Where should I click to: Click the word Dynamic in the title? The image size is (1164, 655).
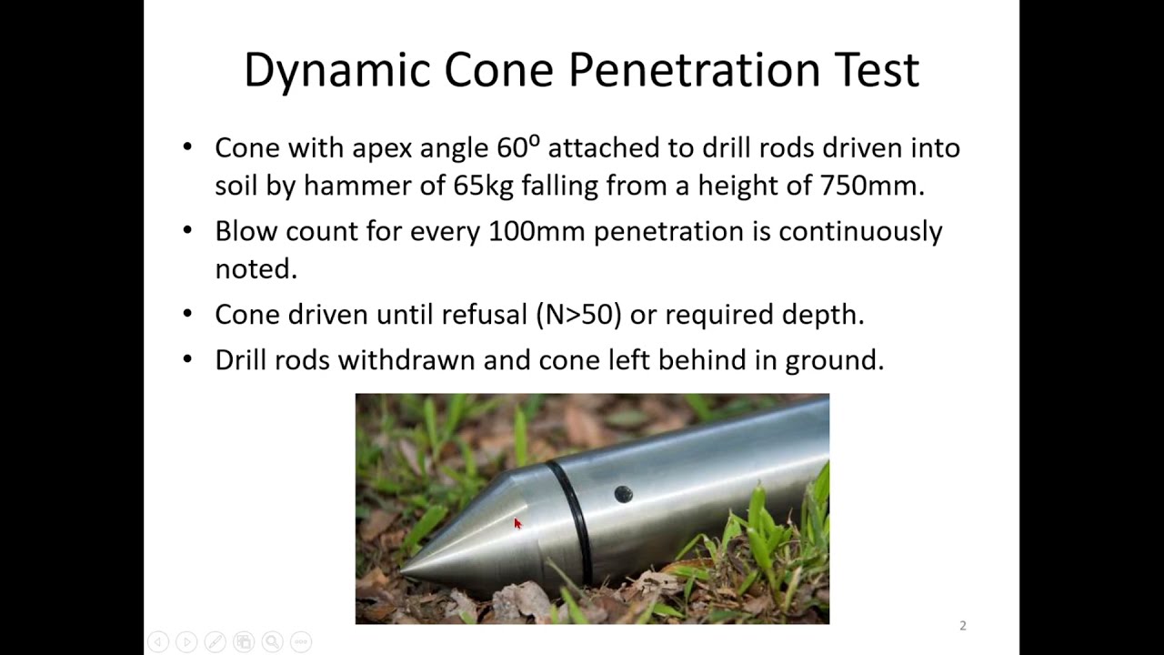(x=336, y=71)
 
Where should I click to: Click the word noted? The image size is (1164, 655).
(x=256, y=269)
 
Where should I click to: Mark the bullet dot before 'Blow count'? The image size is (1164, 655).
(x=187, y=229)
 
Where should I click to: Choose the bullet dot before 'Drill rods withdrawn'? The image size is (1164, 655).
(x=187, y=358)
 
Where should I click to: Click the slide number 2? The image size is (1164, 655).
(x=962, y=626)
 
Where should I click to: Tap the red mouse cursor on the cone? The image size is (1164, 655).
(x=517, y=523)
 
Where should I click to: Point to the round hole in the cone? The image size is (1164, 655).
(x=623, y=494)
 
